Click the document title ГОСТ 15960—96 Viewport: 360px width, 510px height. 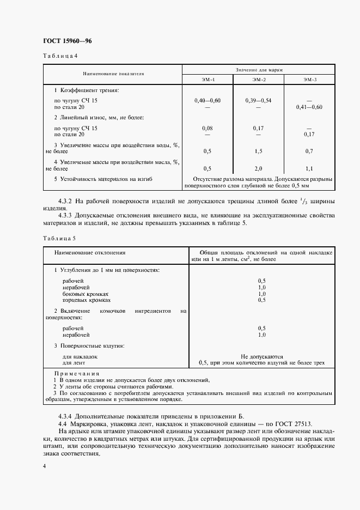coord(64,41)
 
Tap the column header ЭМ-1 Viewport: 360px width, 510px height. coord(208,80)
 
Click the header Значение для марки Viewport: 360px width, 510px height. coord(258,70)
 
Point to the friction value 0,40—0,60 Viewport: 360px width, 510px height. coord(208,101)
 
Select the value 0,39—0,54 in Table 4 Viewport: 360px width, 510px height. coord(259,101)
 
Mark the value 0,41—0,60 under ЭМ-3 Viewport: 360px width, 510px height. coord(309,107)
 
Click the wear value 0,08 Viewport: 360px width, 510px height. coord(208,128)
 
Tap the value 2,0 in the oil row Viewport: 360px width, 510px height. coord(259,168)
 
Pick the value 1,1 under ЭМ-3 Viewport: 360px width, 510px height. coord(309,168)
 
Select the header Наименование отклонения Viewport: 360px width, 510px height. coord(90,253)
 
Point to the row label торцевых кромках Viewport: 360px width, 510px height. coord(87,300)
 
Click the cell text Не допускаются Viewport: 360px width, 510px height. coord(261,356)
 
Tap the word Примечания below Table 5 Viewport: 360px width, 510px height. coord(76,374)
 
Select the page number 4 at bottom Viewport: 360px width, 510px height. coord(44,466)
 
